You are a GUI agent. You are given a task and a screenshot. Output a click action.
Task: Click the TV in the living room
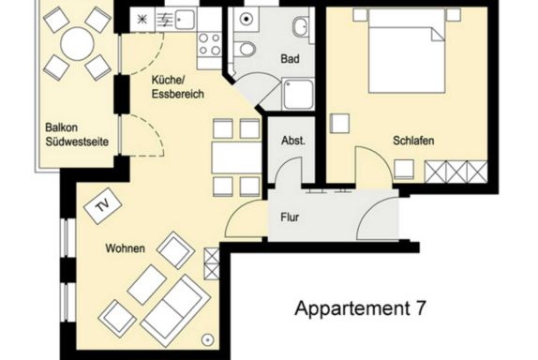click(103, 205)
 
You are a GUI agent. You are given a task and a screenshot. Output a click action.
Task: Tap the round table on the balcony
click(77, 44)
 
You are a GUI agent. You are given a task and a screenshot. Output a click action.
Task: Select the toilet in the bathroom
click(247, 49)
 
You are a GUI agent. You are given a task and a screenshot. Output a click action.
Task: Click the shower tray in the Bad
click(298, 94)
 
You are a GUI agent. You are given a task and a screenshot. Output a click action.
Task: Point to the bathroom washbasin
click(301, 27)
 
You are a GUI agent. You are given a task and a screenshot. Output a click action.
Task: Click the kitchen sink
click(185, 19)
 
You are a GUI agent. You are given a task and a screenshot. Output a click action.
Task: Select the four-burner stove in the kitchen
click(209, 45)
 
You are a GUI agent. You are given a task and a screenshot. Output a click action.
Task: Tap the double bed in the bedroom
click(407, 52)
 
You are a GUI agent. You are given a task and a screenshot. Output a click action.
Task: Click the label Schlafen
click(413, 141)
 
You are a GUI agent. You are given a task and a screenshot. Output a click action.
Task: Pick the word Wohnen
click(125, 248)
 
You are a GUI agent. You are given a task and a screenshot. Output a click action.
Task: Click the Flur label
click(290, 217)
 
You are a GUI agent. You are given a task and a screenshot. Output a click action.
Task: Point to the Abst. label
click(293, 141)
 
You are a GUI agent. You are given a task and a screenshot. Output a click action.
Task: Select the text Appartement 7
click(360, 308)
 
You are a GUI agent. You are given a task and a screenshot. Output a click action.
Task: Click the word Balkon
click(62, 127)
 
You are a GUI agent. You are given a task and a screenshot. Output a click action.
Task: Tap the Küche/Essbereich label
click(178, 87)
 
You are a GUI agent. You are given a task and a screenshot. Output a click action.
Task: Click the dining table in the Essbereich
click(237, 157)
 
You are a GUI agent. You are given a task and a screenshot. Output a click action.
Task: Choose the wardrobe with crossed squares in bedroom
click(456, 172)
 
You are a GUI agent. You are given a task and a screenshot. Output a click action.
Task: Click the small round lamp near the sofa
click(207, 339)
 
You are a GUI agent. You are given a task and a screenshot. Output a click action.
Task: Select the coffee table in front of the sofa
click(147, 285)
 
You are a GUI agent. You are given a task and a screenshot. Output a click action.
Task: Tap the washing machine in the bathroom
click(246, 19)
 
